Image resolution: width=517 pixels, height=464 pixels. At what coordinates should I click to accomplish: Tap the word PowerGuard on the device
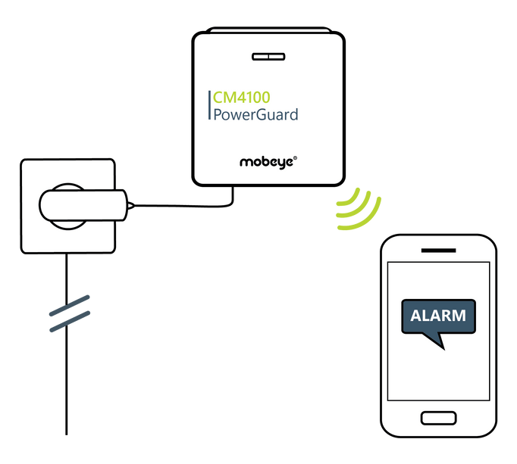pos(255,116)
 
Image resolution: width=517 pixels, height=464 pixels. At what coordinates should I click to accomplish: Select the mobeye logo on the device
pos(267,160)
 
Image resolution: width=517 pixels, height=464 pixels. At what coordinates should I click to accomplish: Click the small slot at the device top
pos(267,56)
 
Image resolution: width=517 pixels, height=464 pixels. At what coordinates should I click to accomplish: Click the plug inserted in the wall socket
pos(83,204)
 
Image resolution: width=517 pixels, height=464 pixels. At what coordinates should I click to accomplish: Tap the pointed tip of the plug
pos(133,204)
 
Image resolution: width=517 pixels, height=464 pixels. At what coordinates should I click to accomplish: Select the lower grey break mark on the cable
pos(69,319)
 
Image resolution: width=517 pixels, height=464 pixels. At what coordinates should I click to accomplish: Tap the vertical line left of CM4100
pos(209,107)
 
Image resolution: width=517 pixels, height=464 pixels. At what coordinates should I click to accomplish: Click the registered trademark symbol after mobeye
pos(295,157)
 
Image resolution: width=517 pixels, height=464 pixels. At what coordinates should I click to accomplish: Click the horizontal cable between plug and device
pos(182,204)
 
